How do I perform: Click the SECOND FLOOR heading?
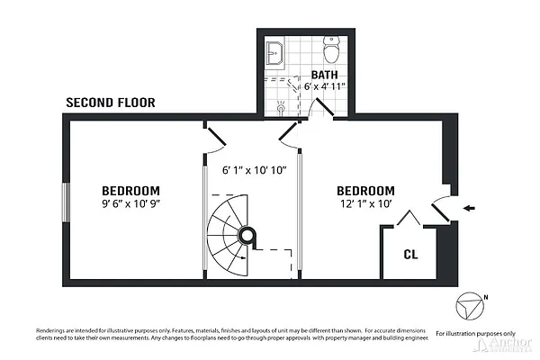[111, 103]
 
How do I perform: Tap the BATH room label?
[324, 75]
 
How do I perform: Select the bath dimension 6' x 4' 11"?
[329, 88]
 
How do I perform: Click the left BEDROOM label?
[130, 191]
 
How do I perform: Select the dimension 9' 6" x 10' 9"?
[130, 204]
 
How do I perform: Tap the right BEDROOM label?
[365, 191]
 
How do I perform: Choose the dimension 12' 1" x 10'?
[365, 204]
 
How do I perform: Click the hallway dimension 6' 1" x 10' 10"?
[254, 170]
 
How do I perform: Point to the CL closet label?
[410, 255]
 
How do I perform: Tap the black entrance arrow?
[470, 209]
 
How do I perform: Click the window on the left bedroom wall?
[65, 202]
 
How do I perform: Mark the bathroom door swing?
[319, 107]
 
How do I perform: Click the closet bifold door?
[409, 220]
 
